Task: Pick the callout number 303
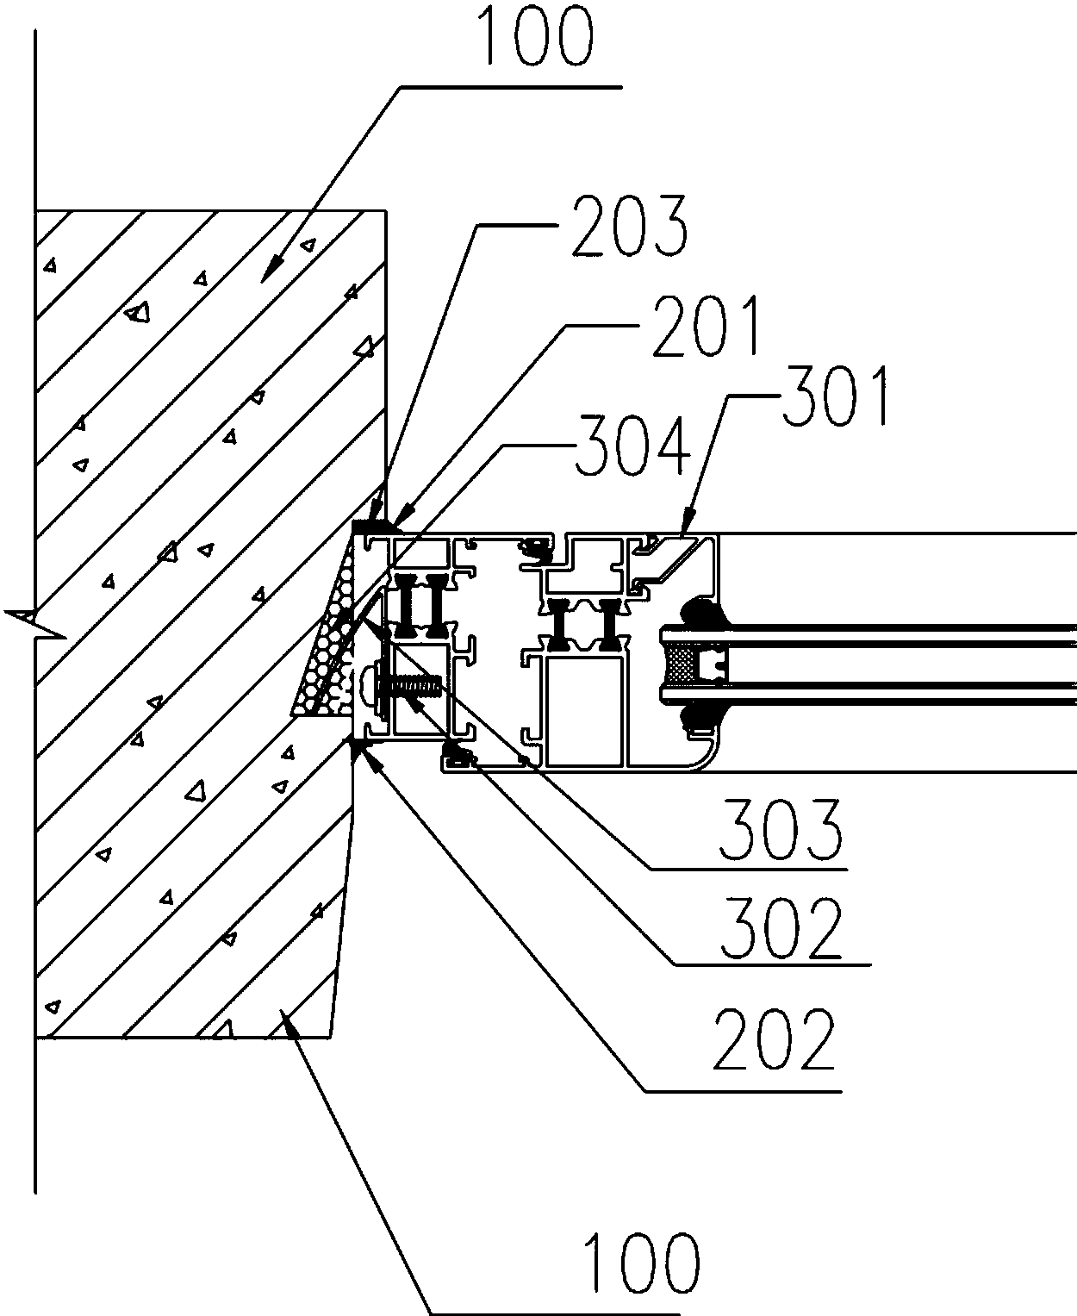(x=781, y=831)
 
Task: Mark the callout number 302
(x=781, y=928)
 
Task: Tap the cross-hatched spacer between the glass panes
(x=681, y=664)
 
